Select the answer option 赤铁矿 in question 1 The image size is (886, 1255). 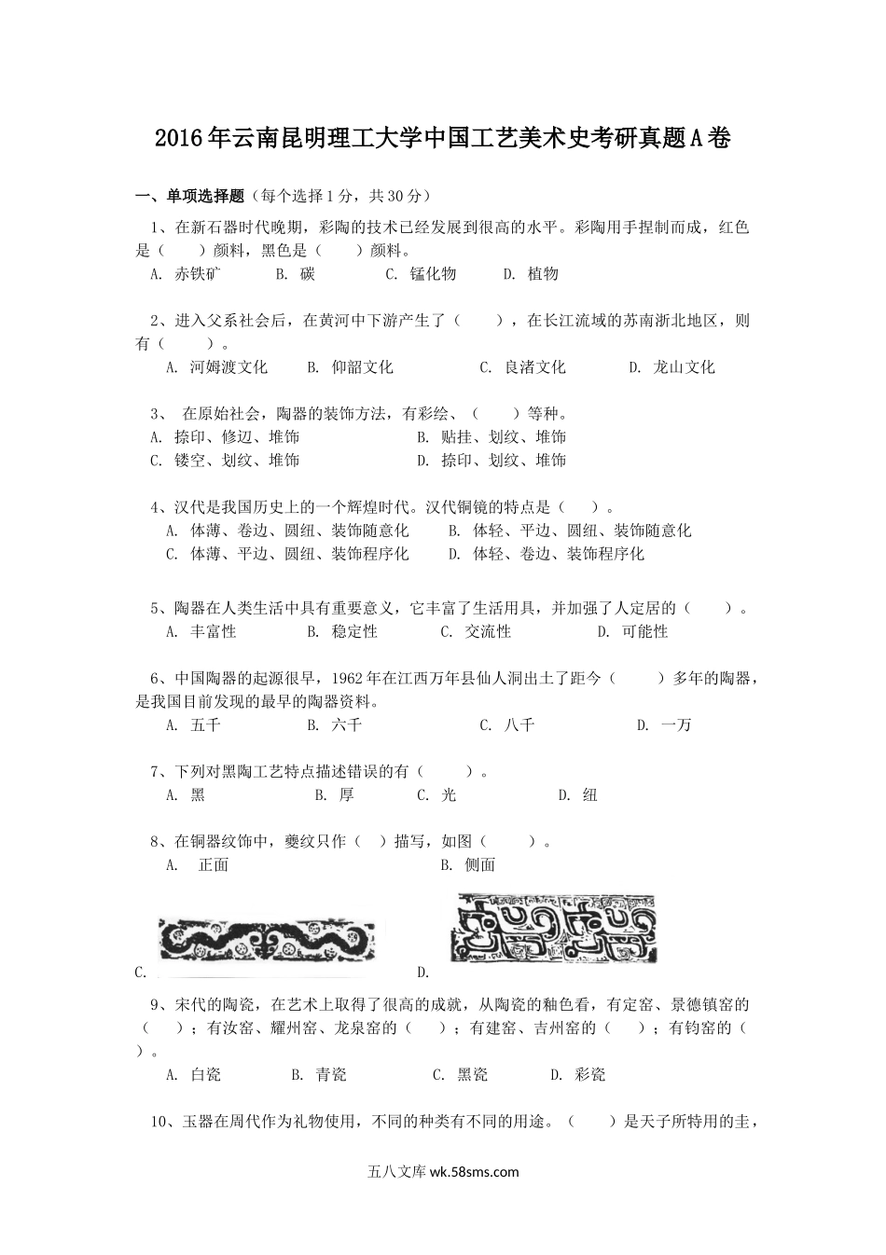(x=198, y=273)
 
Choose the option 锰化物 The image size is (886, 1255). (x=434, y=273)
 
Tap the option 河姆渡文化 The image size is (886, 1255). (x=228, y=366)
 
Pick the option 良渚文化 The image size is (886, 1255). (x=534, y=366)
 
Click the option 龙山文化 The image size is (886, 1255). (x=684, y=366)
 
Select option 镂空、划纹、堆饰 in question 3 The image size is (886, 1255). (x=236, y=460)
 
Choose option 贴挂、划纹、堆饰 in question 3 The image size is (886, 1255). (x=504, y=436)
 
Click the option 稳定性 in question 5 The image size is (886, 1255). (x=354, y=631)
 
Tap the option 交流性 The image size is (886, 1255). (x=488, y=631)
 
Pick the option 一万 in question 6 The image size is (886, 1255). (x=676, y=724)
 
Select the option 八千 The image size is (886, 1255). (x=519, y=724)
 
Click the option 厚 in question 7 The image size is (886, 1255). (x=347, y=794)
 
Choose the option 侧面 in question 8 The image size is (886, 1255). (x=480, y=864)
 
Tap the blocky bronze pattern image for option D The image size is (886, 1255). (x=554, y=929)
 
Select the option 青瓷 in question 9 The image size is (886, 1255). (x=331, y=1074)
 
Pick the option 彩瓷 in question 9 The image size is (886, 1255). (x=590, y=1074)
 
